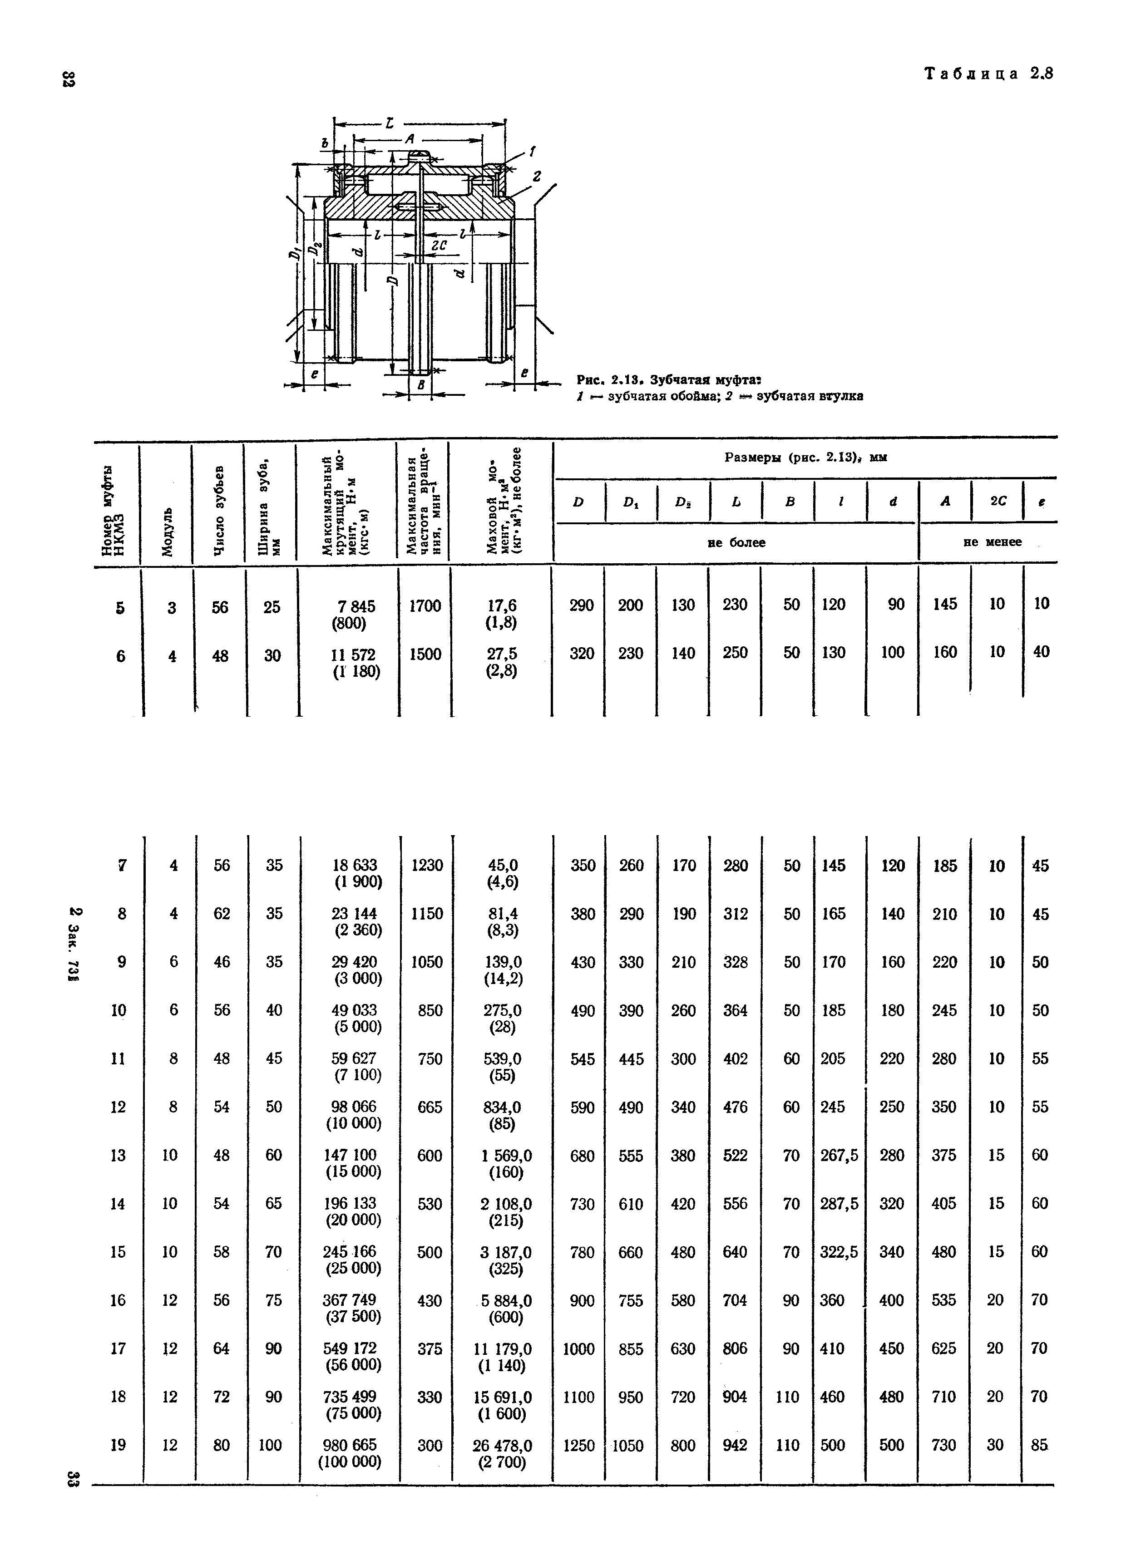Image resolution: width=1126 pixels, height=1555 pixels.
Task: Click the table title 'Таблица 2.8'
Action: click(x=988, y=74)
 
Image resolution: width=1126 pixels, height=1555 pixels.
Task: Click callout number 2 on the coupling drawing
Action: click(x=537, y=177)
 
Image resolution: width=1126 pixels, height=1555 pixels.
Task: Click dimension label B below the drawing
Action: click(x=421, y=385)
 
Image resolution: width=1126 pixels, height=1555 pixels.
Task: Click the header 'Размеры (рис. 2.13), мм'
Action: click(x=806, y=458)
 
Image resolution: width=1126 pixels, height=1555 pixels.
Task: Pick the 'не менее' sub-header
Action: click(x=992, y=541)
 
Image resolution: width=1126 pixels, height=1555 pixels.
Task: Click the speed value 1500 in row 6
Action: click(x=425, y=654)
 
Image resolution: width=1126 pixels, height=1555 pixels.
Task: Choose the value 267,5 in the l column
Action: click(x=840, y=1155)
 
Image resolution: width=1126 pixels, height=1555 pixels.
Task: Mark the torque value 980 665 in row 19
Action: click(x=350, y=1445)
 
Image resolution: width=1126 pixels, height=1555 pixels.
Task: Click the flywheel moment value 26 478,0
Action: click(x=502, y=1445)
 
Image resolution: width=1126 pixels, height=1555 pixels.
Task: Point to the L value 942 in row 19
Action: click(x=735, y=1445)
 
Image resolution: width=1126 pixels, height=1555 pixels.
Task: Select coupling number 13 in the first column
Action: click(x=118, y=1155)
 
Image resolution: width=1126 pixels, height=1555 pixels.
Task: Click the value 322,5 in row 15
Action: click(x=840, y=1252)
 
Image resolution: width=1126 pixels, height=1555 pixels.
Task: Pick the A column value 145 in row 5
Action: click(x=945, y=604)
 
